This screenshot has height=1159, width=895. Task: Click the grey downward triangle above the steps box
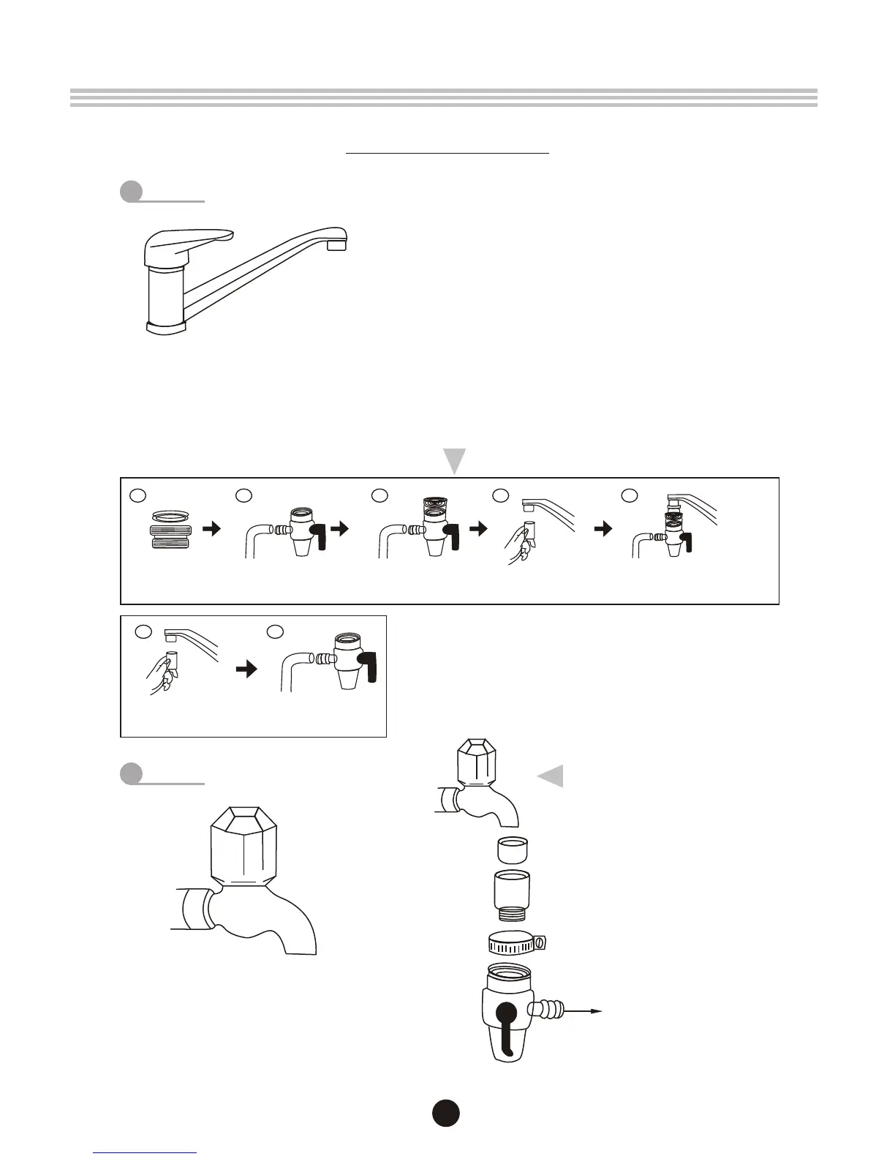[x=455, y=461]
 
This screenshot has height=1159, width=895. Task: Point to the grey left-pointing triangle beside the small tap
[x=551, y=776]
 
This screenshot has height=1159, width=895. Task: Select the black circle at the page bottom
[x=445, y=1112]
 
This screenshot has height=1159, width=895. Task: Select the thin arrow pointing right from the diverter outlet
[x=584, y=1011]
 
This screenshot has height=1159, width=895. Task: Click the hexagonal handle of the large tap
[x=243, y=846]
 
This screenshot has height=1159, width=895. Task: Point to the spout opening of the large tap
[x=299, y=952]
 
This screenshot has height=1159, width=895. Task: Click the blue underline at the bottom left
[x=146, y=1152]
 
